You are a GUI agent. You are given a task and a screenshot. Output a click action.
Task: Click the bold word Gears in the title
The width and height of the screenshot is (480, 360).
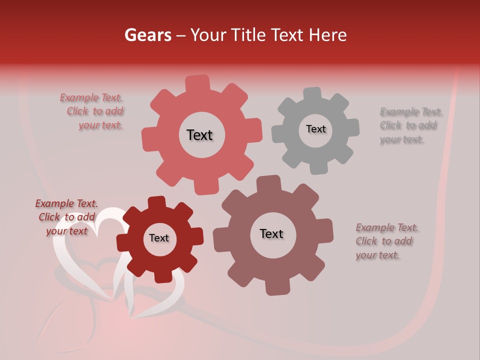[147, 35]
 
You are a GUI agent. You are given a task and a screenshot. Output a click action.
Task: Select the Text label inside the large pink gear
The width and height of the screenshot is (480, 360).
[199, 135]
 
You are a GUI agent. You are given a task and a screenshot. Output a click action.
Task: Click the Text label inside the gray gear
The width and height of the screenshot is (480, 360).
[315, 129]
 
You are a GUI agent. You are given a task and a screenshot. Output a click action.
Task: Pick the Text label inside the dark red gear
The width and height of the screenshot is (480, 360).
[159, 238]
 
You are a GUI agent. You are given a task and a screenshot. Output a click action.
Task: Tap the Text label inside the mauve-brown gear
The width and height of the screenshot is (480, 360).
[271, 234]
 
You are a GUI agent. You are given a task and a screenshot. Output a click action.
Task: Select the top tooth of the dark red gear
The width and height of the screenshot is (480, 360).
[157, 202]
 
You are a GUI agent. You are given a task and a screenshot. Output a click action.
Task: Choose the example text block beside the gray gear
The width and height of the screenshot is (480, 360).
[410, 125]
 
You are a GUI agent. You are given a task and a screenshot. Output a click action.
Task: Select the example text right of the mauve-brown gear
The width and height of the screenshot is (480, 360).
[386, 241]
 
